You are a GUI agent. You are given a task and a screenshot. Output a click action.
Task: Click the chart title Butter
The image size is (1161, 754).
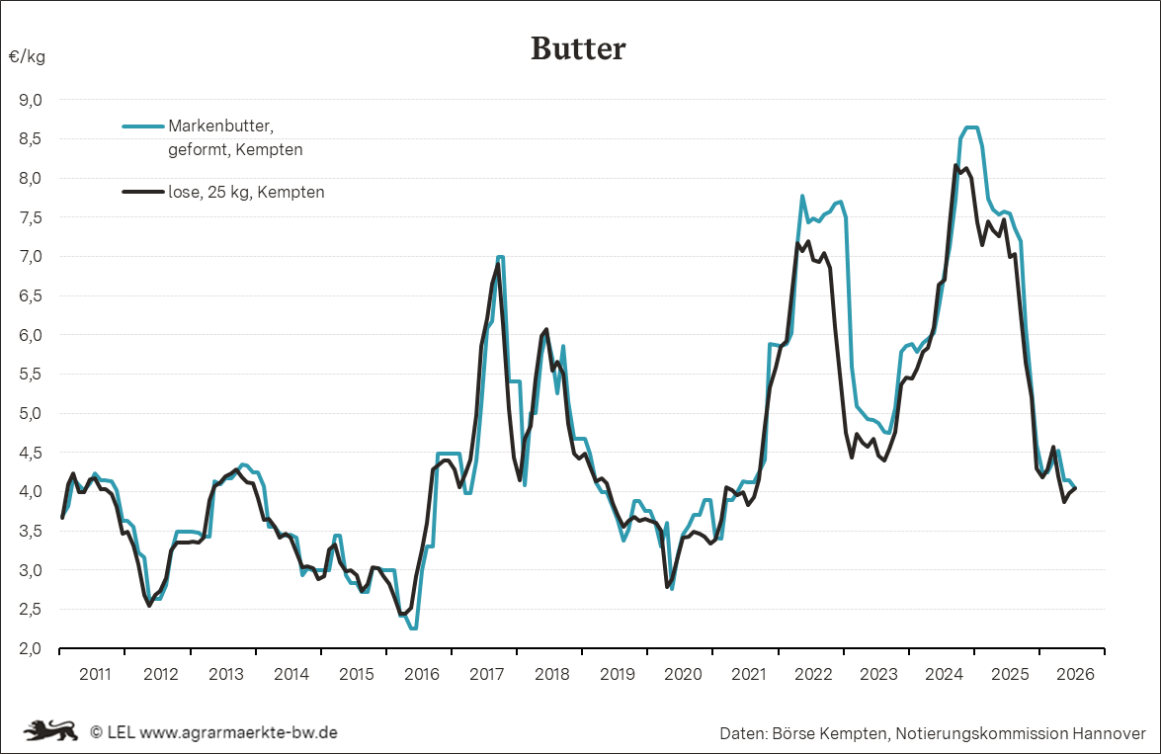(x=578, y=48)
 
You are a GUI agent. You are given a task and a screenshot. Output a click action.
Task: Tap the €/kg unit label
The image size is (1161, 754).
(x=27, y=57)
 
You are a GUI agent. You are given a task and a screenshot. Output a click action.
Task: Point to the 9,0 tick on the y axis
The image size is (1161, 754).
(x=31, y=99)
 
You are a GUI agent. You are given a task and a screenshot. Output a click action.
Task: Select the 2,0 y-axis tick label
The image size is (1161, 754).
(x=31, y=649)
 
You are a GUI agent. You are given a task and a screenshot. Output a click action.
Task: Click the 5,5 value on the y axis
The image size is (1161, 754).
(x=31, y=375)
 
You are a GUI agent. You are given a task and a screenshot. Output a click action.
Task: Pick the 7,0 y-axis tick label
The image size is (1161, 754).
(x=31, y=256)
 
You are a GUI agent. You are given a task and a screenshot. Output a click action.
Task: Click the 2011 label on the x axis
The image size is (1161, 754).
(x=95, y=674)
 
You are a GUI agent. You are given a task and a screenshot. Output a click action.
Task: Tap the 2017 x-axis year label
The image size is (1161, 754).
(x=486, y=674)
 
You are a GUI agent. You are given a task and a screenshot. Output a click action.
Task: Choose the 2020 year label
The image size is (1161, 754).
(x=683, y=674)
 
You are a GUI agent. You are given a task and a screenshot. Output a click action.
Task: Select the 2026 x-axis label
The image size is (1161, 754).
(x=1075, y=674)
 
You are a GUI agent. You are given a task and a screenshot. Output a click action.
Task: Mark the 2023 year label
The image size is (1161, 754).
(x=878, y=674)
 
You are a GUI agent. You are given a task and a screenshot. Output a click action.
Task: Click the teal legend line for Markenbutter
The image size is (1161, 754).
(x=143, y=126)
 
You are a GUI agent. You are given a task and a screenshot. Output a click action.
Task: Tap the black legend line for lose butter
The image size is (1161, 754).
(x=143, y=192)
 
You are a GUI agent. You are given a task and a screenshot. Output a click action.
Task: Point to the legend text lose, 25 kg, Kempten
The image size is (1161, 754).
(x=247, y=193)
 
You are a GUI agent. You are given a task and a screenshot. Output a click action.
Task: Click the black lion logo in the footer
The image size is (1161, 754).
(x=51, y=731)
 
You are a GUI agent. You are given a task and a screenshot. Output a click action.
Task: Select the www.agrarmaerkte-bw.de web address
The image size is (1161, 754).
(x=238, y=732)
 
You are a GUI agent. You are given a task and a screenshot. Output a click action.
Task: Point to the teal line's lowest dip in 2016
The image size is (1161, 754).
(x=413, y=628)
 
